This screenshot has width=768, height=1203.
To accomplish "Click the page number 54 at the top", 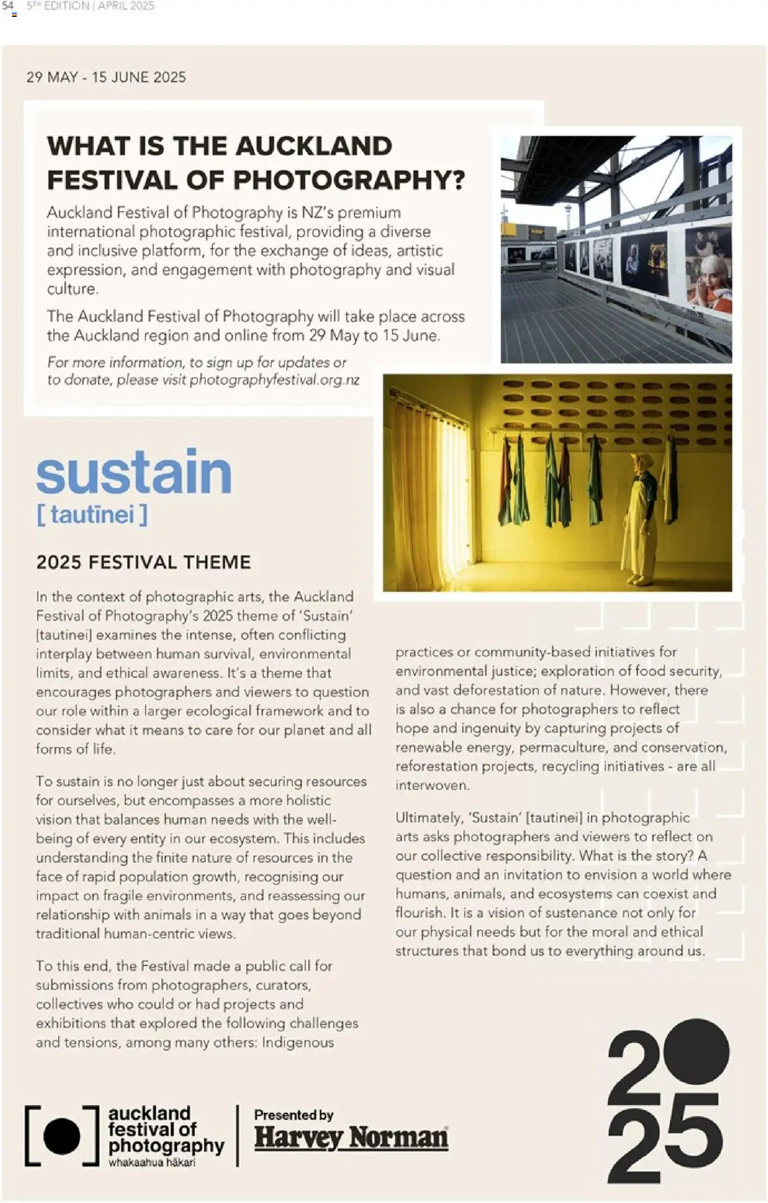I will click(x=8, y=6).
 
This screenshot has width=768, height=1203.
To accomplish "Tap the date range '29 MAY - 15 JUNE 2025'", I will click(x=106, y=77).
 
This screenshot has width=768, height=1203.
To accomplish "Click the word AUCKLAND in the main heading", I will click(x=314, y=146).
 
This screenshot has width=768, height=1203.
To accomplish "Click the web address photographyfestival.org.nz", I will click(x=275, y=380).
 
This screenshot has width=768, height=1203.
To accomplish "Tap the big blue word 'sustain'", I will click(x=134, y=473).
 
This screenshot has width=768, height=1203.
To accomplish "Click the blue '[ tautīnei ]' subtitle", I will click(x=92, y=515).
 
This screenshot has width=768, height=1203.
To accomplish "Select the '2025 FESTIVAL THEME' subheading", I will click(x=143, y=562).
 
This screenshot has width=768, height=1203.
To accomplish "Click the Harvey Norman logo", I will click(x=351, y=1137).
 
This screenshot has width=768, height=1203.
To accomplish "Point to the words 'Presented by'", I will click(x=293, y=1115).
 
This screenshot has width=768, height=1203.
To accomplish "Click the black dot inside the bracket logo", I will click(x=62, y=1136).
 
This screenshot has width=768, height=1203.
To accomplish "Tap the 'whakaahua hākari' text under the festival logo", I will click(x=151, y=1162).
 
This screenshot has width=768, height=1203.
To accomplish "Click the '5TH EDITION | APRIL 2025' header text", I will click(x=90, y=6).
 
